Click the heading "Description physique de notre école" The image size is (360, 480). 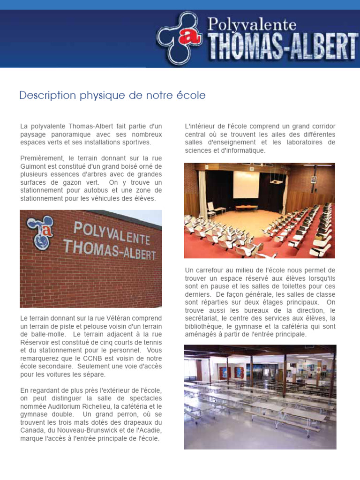pyautogui.click(x=112, y=96)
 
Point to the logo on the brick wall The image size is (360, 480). pyautogui.click(x=41, y=231)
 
